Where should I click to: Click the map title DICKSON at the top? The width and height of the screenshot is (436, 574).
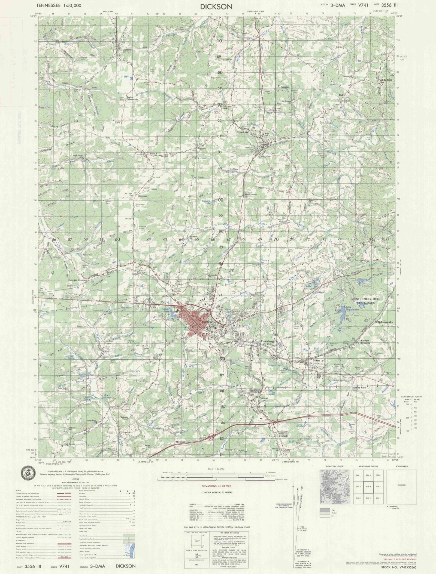click(216, 7)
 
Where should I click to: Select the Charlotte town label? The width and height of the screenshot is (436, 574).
click(243, 132)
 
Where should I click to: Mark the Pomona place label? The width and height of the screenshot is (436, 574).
click(264, 398)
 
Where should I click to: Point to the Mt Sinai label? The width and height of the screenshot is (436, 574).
click(180, 442)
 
